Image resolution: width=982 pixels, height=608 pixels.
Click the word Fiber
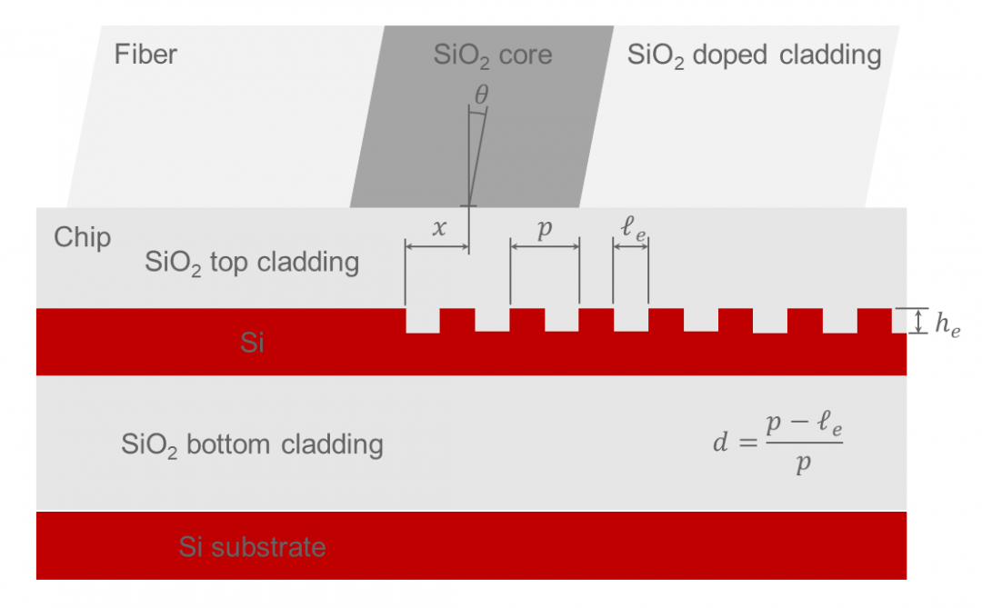pyautogui.click(x=145, y=55)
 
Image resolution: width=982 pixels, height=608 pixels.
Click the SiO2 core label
pyautogui.click(x=493, y=55)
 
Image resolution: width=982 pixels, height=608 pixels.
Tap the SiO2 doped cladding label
pyautogui.click(x=754, y=56)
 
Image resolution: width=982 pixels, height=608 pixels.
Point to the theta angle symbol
pyautogui.click(x=481, y=95)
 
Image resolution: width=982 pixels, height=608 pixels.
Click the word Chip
pyautogui.click(x=82, y=238)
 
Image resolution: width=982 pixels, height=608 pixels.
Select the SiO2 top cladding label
pyautogui.click(x=252, y=263)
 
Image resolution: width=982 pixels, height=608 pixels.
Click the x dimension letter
pyautogui.click(x=440, y=228)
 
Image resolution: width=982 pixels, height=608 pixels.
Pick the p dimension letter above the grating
pyautogui.click(x=545, y=229)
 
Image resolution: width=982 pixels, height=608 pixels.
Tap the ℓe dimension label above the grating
pyautogui.click(x=633, y=228)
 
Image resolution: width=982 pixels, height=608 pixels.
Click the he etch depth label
pyautogui.click(x=947, y=324)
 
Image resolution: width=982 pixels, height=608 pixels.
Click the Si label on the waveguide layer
pyautogui.click(x=252, y=343)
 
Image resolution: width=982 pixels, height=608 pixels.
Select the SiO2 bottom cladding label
pyautogui.click(x=252, y=445)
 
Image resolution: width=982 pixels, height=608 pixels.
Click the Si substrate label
pyautogui.click(x=252, y=547)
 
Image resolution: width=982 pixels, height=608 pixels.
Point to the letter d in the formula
pyautogui.click(x=720, y=442)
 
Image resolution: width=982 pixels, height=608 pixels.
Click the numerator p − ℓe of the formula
pyautogui.click(x=804, y=424)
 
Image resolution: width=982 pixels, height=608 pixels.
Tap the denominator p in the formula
pyautogui.click(x=804, y=464)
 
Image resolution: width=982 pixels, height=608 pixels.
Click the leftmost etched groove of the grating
pyautogui.click(x=423, y=320)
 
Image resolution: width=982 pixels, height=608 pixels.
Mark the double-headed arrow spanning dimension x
pyautogui.click(x=437, y=246)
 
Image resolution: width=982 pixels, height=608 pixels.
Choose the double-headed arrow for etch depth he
pyautogui.click(x=918, y=321)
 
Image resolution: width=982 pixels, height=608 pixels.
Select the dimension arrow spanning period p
pyautogui.click(x=545, y=246)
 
